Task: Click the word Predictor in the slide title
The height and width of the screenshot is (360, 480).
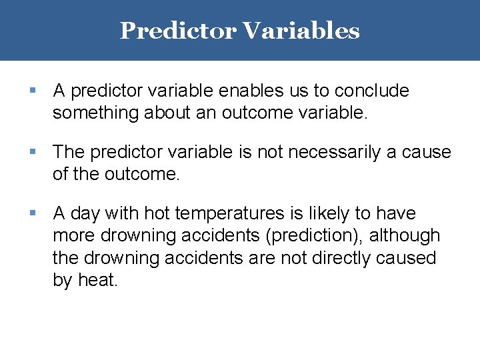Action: [177, 31]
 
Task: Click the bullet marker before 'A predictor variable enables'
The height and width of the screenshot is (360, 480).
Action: [33, 90]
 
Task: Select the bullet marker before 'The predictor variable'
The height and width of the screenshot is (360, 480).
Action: [33, 152]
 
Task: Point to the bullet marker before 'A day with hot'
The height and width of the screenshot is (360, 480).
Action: [33, 213]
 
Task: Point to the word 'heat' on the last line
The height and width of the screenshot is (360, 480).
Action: [97, 281]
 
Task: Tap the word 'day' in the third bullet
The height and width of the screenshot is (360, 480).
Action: [85, 214]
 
